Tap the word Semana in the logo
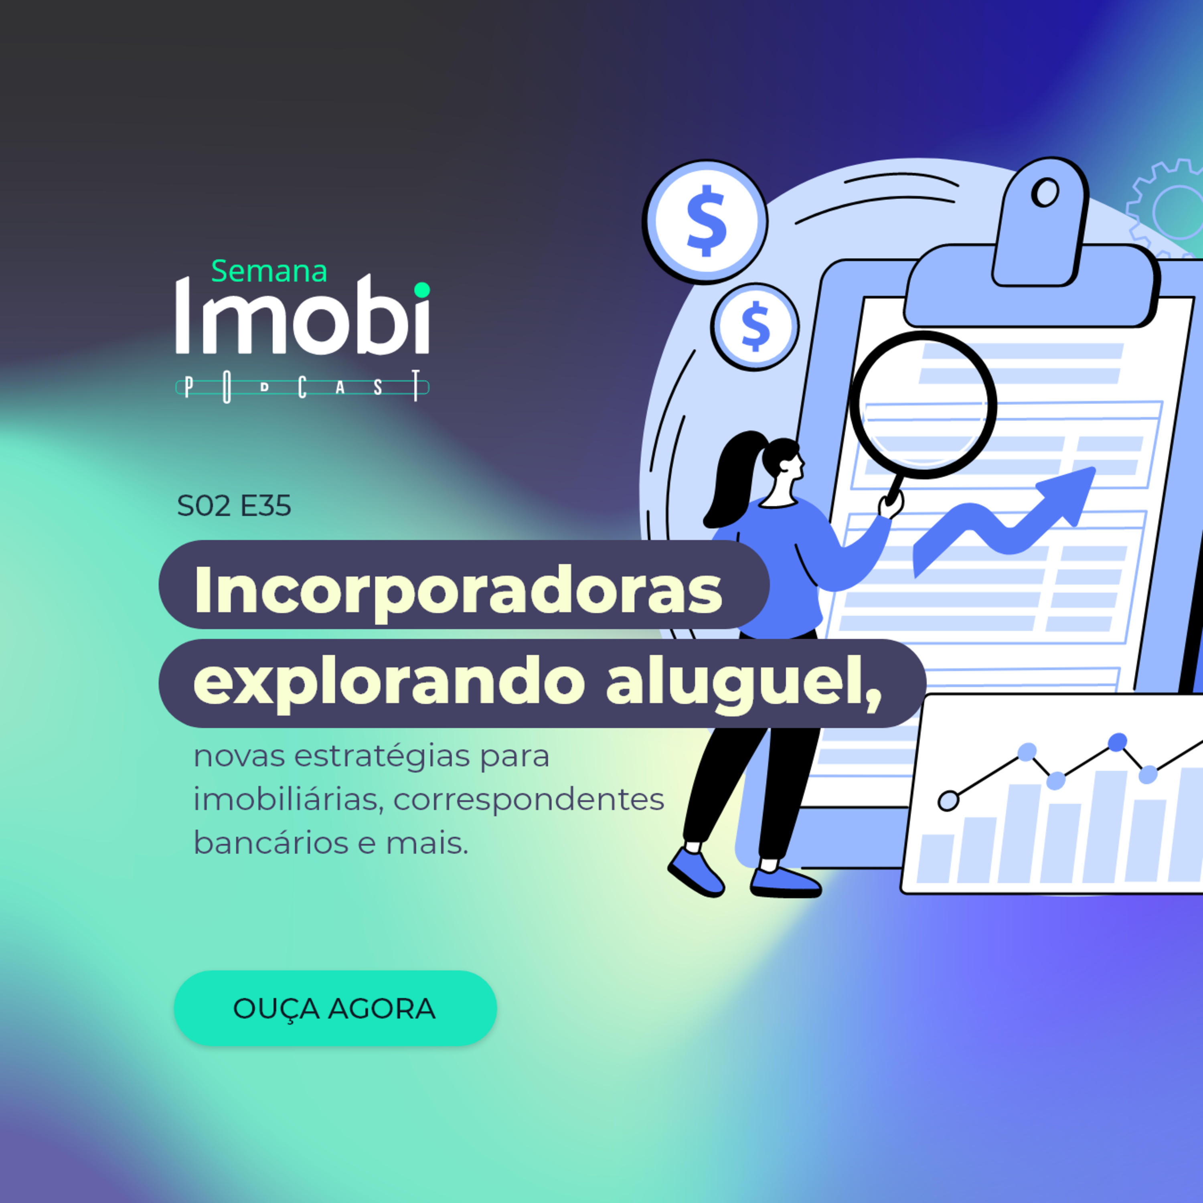click(x=269, y=271)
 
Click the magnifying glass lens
click(x=924, y=405)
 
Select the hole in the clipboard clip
click(x=1045, y=192)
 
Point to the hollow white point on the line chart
click(x=948, y=801)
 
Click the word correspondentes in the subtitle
click(x=529, y=800)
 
